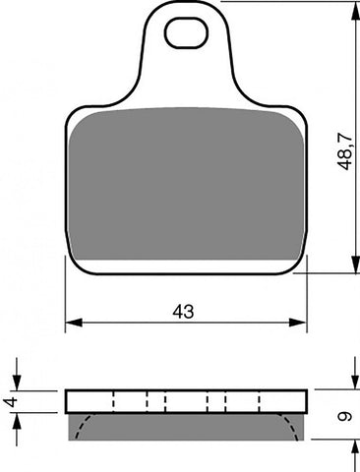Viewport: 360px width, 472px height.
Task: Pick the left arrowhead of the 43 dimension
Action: tap(72, 322)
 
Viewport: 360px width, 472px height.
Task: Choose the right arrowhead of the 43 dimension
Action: tap(301, 322)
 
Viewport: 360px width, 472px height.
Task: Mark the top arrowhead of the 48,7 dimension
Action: tap(353, 8)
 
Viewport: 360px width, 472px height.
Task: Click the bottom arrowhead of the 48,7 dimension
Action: tap(353, 265)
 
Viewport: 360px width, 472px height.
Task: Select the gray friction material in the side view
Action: tap(185, 425)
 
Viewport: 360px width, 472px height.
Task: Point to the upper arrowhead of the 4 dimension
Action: tap(17, 383)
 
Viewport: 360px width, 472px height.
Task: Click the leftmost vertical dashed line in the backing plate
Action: tap(114, 400)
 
